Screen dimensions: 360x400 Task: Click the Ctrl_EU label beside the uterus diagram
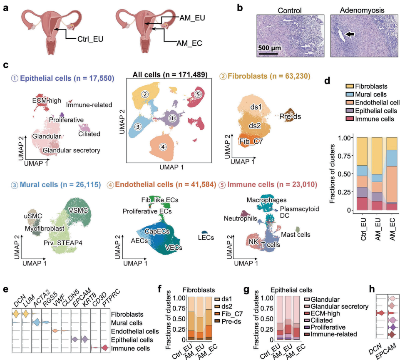pos(90,40)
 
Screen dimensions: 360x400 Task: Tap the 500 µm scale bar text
pos(271,48)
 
